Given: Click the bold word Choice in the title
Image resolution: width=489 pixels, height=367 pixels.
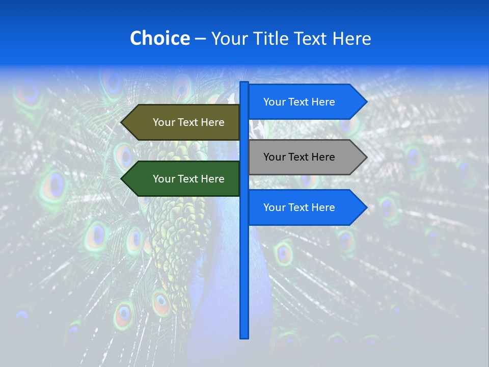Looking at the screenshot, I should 159,38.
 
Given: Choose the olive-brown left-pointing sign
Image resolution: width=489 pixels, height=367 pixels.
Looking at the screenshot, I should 183,122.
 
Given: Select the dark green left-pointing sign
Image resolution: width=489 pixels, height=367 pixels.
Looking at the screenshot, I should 183,179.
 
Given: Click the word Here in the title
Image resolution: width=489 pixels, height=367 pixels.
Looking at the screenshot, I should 351,38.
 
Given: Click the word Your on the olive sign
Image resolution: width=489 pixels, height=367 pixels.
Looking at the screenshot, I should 164,122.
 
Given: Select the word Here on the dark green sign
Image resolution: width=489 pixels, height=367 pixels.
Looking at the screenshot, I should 212,179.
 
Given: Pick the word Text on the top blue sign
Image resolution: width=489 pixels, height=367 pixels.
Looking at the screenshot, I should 299,102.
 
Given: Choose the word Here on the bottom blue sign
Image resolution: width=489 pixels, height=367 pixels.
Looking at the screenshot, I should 323,207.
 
